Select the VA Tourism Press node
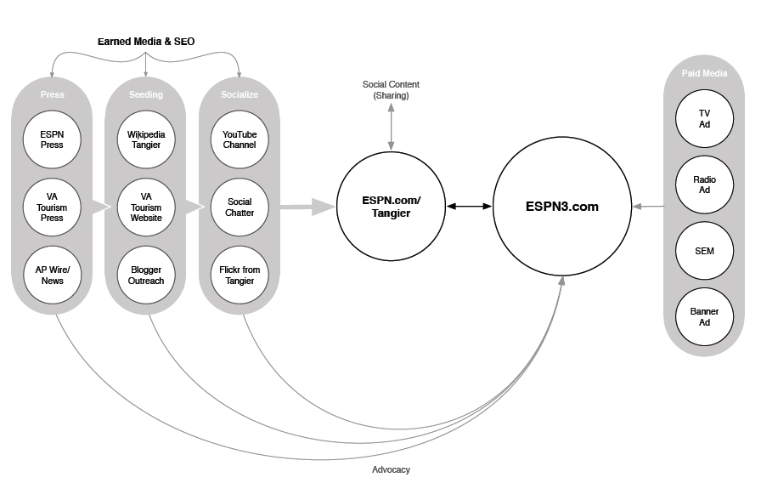(52, 207)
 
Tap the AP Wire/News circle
(52, 275)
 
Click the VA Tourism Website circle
(146, 207)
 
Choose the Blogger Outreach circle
(146, 275)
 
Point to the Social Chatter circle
(240, 207)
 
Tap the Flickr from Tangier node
(240, 275)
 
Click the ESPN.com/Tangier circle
(391, 207)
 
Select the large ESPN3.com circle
(561, 207)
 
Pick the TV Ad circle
(704, 119)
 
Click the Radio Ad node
(704, 185)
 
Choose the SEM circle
(704, 251)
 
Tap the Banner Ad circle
(704, 316)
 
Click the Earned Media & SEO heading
(146, 41)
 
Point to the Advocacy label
(391, 469)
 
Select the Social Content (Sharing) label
(391, 90)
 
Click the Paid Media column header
(704, 74)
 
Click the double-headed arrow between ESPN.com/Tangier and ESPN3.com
(470, 207)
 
